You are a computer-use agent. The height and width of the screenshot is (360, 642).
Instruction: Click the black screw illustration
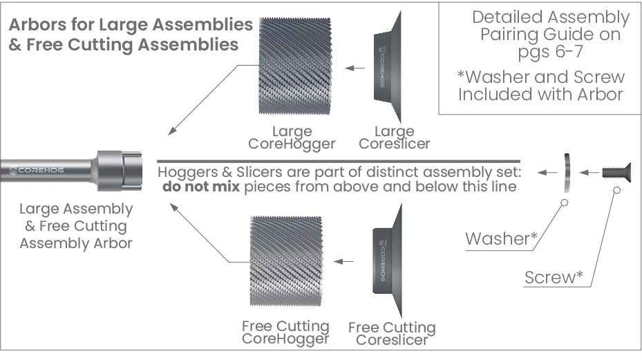(614, 171)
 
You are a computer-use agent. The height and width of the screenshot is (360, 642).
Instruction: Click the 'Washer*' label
(501, 239)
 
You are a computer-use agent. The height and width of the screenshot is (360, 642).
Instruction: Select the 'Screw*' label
(553, 278)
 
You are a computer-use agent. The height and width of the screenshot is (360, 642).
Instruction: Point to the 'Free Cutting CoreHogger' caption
(285, 332)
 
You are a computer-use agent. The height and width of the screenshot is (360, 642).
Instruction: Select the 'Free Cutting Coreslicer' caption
(392, 333)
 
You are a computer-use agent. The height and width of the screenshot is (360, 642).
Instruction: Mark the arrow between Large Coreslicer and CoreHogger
(355, 68)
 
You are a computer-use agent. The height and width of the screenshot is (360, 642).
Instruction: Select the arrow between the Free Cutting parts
(344, 262)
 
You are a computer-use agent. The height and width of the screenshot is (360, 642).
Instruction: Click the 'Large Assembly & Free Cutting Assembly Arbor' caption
(76, 226)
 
